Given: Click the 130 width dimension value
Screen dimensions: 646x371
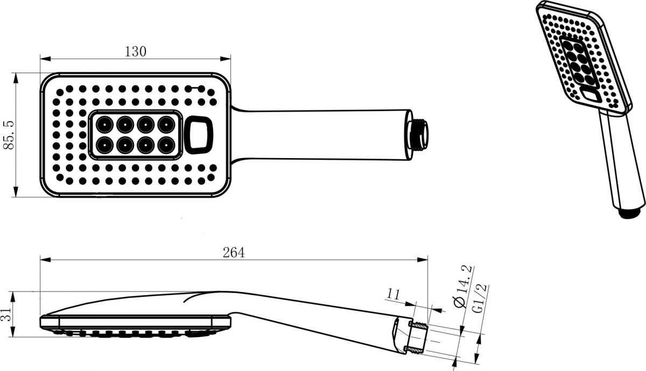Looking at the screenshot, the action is tap(136, 52).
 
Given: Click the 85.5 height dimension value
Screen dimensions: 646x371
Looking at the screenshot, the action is tap(9, 135).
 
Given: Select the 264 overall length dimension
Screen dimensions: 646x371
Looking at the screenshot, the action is tap(234, 253).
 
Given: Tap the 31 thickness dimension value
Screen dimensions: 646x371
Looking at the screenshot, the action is tap(7, 314).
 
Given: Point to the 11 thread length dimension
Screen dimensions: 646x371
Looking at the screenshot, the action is tap(394, 295).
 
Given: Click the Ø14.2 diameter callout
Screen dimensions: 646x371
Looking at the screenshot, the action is tap(462, 286).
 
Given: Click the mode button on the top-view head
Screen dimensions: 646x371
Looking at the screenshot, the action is tap(199, 135).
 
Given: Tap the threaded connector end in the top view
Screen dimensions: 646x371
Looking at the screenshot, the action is tap(418, 134).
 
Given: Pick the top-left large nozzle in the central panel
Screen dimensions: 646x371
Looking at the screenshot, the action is tap(104, 125).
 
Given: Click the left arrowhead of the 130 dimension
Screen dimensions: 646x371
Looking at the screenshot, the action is tap(45, 59).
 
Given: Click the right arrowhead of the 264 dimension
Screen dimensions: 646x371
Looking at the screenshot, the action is tap(423, 260).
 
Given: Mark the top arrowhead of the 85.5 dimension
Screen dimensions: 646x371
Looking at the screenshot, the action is tap(16, 78).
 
